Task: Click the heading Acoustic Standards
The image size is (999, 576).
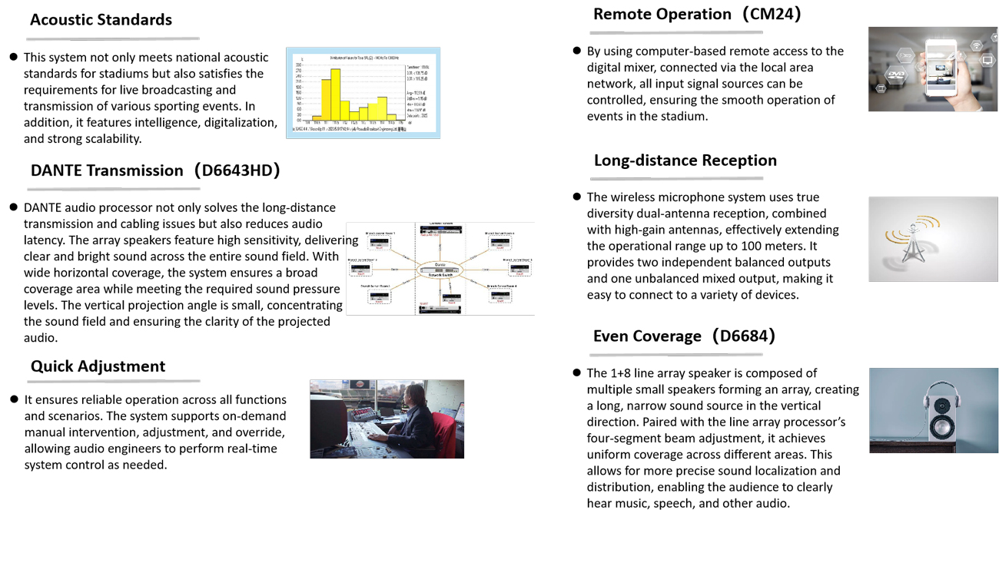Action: (101, 20)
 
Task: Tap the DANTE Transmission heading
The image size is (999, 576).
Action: (107, 170)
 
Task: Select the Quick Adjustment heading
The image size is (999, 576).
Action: (98, 366)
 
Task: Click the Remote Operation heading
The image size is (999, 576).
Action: (662, 14)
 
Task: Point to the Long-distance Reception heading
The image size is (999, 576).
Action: (685, 161)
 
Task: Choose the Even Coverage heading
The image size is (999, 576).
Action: (647, 336)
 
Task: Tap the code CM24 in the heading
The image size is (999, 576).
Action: (772, 14)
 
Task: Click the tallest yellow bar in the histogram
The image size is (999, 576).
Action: (335, 94)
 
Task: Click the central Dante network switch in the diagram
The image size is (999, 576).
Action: (440, 269)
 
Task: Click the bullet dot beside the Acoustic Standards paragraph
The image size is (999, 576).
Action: (14, 57)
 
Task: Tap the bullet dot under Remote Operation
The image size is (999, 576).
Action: (577, 51)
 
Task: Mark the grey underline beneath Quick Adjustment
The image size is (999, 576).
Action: (114, 381)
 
